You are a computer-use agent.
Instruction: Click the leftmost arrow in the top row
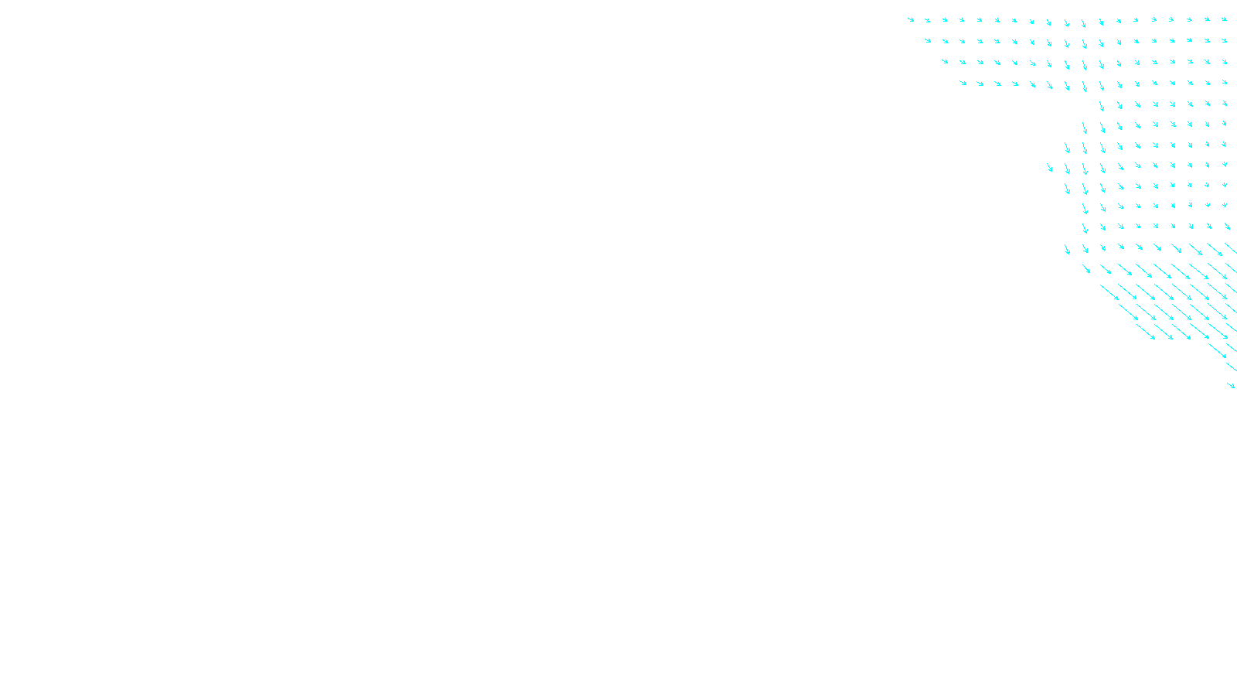click(911, 19)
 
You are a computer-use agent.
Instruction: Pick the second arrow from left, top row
click(928, 20)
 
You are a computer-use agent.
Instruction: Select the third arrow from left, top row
click(945, 20)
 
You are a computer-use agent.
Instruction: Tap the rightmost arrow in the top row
click(1224, 19)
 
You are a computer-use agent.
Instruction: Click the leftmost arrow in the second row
click(928, 40)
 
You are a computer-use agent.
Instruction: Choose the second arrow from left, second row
click(945, 41)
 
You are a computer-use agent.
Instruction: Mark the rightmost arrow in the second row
click(1224, 40)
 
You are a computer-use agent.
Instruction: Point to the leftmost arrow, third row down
click(945, 61)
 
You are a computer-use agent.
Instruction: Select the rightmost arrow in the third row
click(1224, 61)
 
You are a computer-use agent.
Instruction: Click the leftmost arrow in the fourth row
click(963, 83)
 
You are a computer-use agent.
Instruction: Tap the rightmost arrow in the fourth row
click(1224, 82)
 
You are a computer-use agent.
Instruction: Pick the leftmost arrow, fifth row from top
click(1102, 106)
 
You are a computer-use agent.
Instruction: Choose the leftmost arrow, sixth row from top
click(1085, 127)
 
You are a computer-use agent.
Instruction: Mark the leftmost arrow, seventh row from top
click(1067, 147)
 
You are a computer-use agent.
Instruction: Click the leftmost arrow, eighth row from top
click(1049, 167)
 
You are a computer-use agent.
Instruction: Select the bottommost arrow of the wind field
click(1231, 384)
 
